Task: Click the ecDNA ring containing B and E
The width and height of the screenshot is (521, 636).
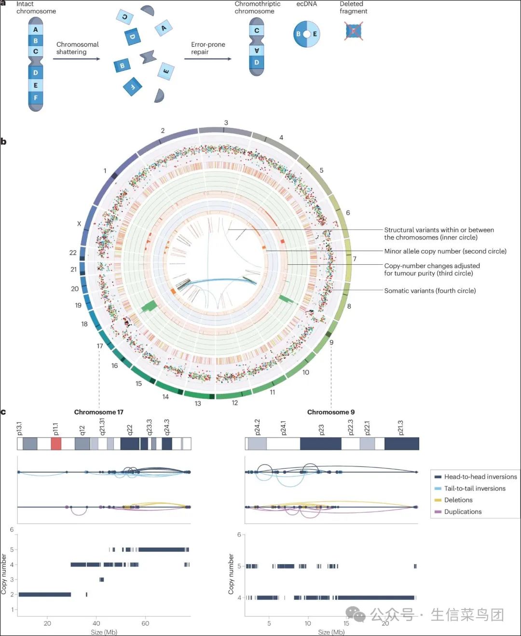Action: click(x=306, y=34)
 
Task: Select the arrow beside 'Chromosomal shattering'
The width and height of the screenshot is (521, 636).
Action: click(x=76, y=59)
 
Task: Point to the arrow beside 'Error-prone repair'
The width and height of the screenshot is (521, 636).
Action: click(x=207, y=59)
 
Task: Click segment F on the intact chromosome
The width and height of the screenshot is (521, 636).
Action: click(x=36, y=97)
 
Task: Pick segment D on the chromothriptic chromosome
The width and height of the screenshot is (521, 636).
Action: click(x=256, y=62)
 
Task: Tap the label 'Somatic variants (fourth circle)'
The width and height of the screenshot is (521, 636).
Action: click(x=430, y=290)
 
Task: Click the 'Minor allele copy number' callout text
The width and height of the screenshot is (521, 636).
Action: click(x=445, y=251)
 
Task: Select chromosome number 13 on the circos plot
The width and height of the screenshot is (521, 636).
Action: click(x=198, y=403)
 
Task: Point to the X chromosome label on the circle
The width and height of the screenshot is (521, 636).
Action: click(x=79, y=224)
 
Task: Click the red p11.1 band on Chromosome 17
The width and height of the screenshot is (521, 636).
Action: click(x=56, y=444)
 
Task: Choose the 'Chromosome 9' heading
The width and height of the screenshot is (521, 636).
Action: click(x=331, y=412)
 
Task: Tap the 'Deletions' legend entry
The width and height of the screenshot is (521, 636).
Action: click(x=458, y=500)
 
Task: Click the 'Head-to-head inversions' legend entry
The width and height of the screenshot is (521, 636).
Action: click(x=480, y=476)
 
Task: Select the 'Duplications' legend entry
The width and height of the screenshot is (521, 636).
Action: click(x=463, y=512)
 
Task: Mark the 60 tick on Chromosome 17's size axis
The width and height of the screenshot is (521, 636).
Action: click(x=145, y=623)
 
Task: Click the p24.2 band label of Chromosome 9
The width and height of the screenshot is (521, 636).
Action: click(x=257, y=427)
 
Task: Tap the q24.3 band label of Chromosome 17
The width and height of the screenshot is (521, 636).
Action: click(x=167, y=427)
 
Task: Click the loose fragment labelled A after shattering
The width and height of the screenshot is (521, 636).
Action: click(x=164, y=28)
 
